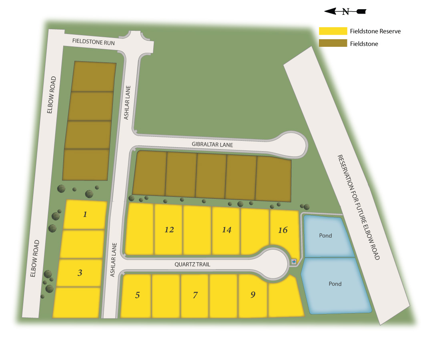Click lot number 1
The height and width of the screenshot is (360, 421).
pyautogui.click(x=85, y=214)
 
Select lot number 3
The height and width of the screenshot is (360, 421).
pyautogui.click(x=80, y=273)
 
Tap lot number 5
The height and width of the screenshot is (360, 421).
pyautogui.click(x=137, y=296)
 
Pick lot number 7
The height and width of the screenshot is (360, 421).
pyautogui.click(x=195, y=296)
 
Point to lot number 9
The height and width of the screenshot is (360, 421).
pyautogui.click(x=253, y=295)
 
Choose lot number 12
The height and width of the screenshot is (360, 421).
pyautogui.click(x=169, y=230)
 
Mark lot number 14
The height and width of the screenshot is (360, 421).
pyautogui.click(x=227, y=230)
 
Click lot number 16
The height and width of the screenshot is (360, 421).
pyautogui.click(x=283, y=230)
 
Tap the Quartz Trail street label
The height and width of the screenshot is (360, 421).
pyautogui.click(x=192, y=264)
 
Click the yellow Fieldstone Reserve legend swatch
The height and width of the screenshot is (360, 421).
pyautogui.click(x=333, y=31)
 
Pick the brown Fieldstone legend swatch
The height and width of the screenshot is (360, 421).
pyautogui.click(x=333, y=43)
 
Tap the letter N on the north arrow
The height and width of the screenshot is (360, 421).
pyautogui.click(x=345, y=12)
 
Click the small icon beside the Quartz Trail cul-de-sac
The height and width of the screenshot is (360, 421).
pyautogui.click(x=294, y=262)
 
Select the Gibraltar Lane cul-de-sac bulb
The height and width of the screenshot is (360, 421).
pyautogui.click(x=291, y=144)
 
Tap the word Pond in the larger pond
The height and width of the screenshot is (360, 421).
pyautogui.click(x=335, y=284)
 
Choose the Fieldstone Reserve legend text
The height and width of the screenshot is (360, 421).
pyautogui.click(x=375, y=31)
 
